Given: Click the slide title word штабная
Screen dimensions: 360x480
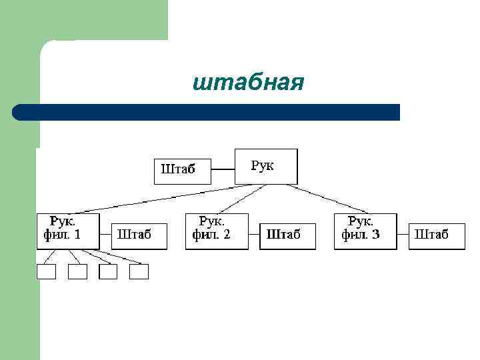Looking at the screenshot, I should click(x=247, y=83).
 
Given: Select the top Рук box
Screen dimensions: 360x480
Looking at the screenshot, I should click(x=266, y=166).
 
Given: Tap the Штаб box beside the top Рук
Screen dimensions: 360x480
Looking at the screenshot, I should click(x=182, y=171).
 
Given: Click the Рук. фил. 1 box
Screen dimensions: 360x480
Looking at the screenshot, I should click(x=68, y=231).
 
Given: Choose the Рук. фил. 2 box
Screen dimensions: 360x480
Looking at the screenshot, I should click(x=217, y=231).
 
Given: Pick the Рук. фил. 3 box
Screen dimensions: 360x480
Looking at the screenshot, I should click(x=365, y=231).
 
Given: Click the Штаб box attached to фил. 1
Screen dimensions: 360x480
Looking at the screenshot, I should click(x=139, y=235).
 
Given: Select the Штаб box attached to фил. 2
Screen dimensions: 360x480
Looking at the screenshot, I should click(x=287, y=235).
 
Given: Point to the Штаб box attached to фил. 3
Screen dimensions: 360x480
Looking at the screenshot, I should click(x=436, y=235).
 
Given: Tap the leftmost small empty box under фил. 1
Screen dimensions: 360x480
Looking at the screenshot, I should click(x=47, y=272).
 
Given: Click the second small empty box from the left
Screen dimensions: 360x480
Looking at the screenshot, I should click(x=77, y=272).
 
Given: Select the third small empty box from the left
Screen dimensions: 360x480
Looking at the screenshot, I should click(x=108, y=272).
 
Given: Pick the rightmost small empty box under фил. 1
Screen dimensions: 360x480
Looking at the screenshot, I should click(x=139, y=272).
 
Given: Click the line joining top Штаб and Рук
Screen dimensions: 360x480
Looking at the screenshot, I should click(x=223, y=171).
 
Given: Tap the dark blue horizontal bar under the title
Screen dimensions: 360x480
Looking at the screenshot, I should click(x=207, y=112).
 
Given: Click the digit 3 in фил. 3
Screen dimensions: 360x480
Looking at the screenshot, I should click(x=376, y=235).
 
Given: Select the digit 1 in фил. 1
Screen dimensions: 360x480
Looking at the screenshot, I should click(x=77, y=235).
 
